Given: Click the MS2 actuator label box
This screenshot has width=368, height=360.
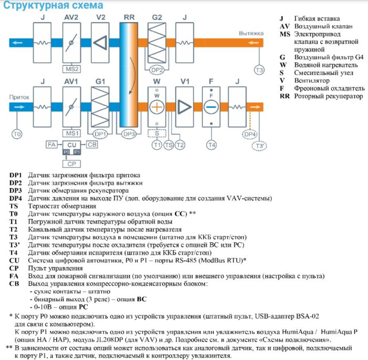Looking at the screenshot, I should [73, 69].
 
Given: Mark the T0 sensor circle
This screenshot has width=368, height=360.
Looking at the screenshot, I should [17, 134].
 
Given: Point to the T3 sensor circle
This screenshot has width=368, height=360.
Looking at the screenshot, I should [259, 70].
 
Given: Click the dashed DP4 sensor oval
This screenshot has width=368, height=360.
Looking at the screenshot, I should [250, 134].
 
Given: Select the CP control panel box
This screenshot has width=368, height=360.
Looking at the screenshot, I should [72, 164].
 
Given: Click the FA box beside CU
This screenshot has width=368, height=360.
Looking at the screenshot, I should [51, 144].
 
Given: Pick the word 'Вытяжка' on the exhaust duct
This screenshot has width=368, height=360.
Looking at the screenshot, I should [251, 33].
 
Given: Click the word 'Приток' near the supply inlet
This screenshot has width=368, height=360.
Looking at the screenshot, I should [19, 97].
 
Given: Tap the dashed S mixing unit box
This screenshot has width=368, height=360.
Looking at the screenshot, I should [157, 133].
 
